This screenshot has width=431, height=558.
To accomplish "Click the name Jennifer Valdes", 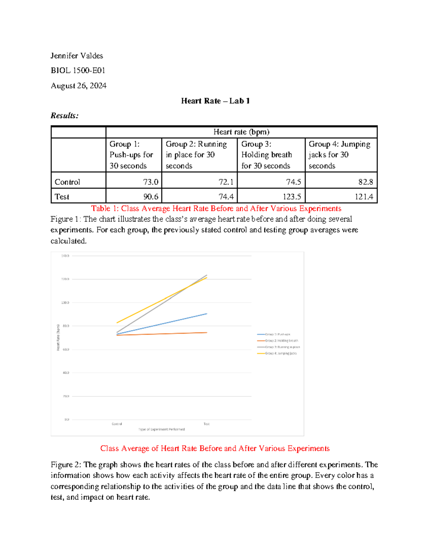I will tap(77, 56).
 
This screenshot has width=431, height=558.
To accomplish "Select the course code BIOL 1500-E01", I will tap(78, 70).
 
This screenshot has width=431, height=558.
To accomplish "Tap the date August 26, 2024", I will tap(78, 86).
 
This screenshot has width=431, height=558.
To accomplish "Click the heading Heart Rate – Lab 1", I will tap(215, 101).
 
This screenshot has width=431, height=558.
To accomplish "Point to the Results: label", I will tap(64, 116).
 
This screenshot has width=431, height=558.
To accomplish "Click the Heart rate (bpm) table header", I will tap(241, 132).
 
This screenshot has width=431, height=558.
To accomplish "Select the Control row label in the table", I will tap(67, 182).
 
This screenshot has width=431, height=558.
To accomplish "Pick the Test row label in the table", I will tap(62, 197).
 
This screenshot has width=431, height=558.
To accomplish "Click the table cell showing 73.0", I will tap(150, 182).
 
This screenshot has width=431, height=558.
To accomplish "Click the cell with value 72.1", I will tap(226, 182).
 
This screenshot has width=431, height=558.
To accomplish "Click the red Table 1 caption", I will tap(216, 208).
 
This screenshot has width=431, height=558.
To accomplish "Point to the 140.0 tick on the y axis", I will tap(65, 256).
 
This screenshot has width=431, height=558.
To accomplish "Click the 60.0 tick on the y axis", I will tap(66, 349).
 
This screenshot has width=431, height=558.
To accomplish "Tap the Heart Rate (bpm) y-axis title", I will tap(58, 337).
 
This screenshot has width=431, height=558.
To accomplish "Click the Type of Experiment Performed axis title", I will tap(162, 429).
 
